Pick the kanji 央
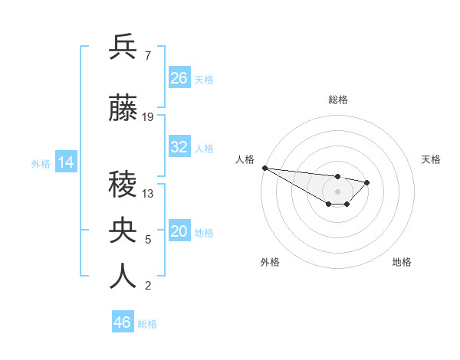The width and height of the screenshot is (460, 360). (123, 229)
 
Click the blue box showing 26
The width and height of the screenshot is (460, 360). (179, 78)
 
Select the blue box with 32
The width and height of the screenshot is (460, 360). (179, 147)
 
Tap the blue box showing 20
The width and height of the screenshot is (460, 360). (179, 231)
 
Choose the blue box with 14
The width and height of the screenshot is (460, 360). (66, 162)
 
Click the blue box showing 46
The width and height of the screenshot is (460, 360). (123, 322)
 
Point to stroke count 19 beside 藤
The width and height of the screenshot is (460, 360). (148, 117)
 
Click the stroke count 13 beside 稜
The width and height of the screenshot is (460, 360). (148, 194)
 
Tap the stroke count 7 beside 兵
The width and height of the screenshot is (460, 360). (147, 56)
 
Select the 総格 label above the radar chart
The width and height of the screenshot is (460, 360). (337, 100)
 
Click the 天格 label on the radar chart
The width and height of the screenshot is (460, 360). (432, 159)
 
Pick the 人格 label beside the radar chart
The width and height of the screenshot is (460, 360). (244, 159)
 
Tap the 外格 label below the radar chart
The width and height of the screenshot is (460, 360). (270, 262)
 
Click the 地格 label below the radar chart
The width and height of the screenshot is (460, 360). (402, 262)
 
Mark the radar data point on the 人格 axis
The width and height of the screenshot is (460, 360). (264, 168)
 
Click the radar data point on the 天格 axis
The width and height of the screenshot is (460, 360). (367, 182)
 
